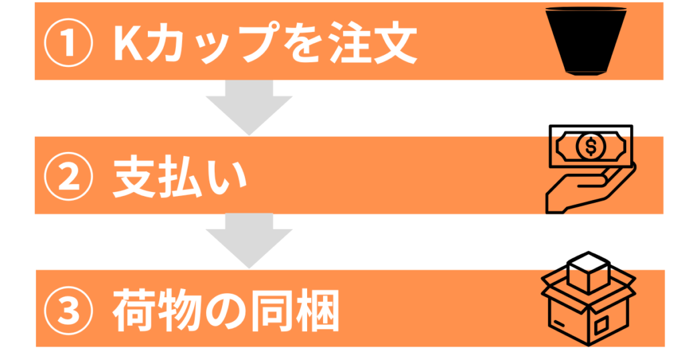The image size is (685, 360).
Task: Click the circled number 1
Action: point(69,43)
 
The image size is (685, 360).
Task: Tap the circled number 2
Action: point(69,177)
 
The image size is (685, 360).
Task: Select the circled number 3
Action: point(69,310)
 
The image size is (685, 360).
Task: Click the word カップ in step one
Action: point(212,43)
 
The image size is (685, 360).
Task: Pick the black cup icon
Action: point(586,41)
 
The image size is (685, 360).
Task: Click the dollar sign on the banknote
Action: point(591,147)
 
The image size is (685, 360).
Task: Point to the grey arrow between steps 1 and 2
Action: point(249,108)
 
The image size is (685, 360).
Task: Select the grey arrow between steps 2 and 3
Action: point(249,241)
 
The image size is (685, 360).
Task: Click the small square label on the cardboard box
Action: point(601,325)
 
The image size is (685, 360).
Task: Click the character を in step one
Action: point(304,43)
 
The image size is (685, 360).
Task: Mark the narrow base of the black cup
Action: point(586,73)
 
